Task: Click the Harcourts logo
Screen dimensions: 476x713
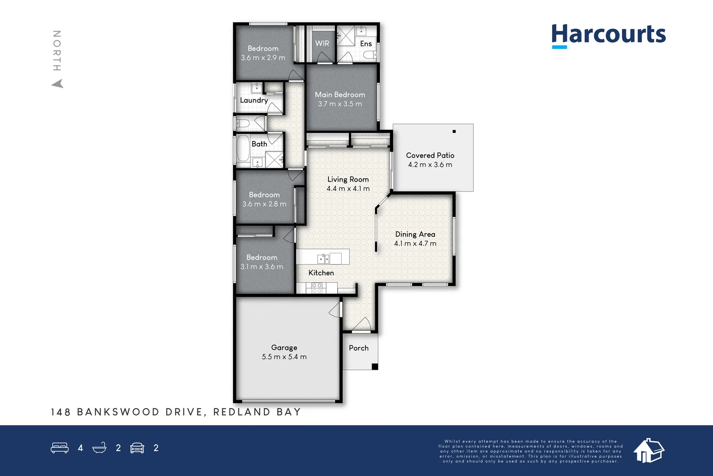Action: [608, 35]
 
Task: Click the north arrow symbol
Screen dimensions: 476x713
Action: [57, 84]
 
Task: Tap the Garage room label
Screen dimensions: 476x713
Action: [284, 348]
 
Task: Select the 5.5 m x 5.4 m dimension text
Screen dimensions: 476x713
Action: [284, 357]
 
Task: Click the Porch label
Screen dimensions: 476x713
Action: [359, 348]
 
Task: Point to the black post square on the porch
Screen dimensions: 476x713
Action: [375, 367]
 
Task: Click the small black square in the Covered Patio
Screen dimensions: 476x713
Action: [454, 132]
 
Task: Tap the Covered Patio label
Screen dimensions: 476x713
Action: [430, 155]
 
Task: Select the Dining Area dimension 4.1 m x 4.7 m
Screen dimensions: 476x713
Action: [415, 244]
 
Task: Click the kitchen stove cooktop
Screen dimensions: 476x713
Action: [316, 288]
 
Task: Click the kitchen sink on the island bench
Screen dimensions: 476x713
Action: [323, 258]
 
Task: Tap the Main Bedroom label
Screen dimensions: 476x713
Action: [340, 95]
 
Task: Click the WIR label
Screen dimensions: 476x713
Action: [322, 43]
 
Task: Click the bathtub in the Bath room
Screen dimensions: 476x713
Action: [243, 148]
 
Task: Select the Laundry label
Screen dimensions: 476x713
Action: [254, 100]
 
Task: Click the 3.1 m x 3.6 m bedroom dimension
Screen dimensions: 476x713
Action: [262, 267]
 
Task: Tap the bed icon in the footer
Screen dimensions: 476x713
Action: [60, 448]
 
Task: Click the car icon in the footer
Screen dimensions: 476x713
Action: [137, 448]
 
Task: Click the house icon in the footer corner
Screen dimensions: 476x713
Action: [648, 450]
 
